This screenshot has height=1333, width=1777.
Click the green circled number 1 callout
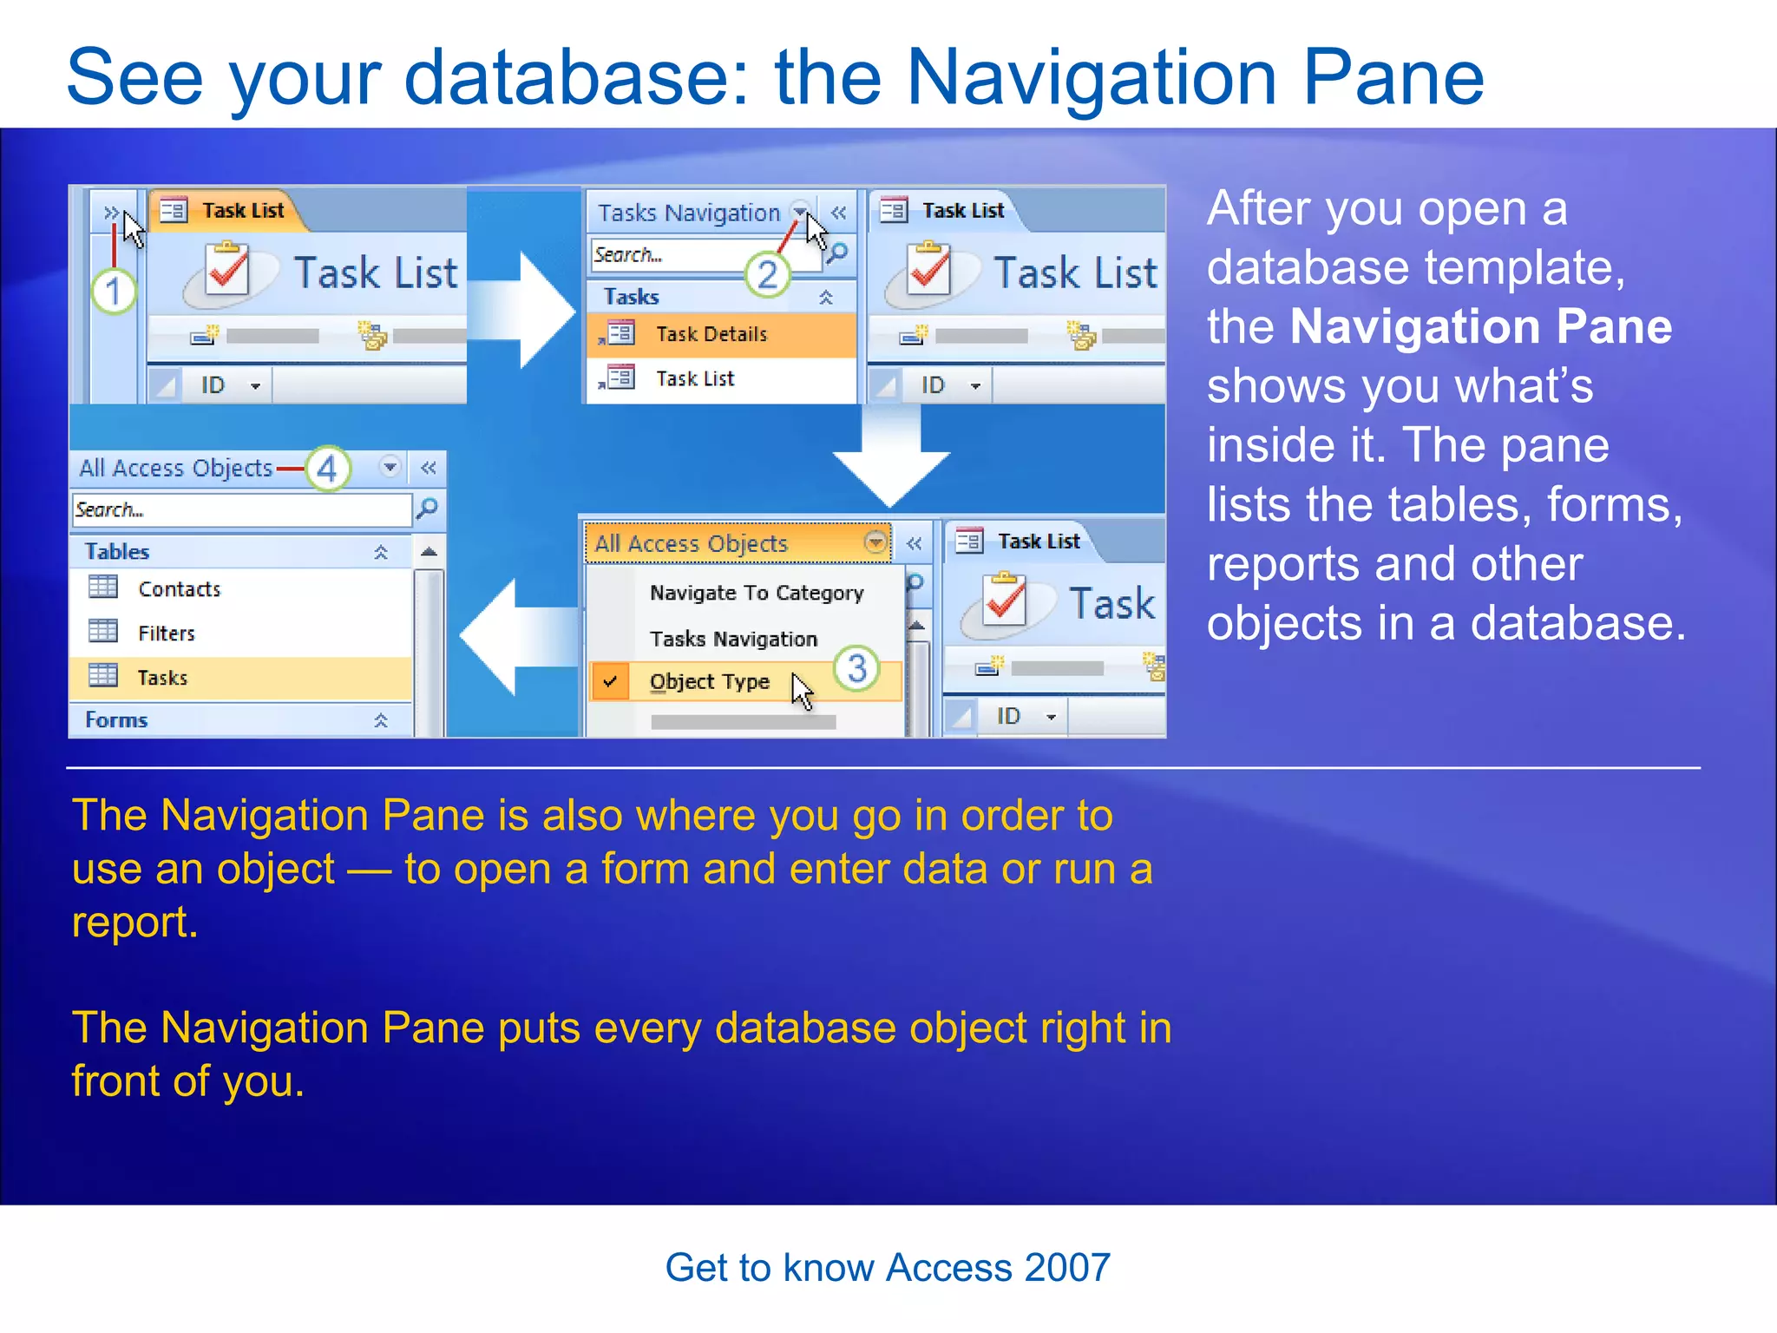(114, 292)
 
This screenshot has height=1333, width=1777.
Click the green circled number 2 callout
(767, 275)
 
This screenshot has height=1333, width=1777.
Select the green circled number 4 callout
(327, 470)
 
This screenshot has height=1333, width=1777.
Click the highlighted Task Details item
(711, 335)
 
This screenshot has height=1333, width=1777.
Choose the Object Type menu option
(709, 682)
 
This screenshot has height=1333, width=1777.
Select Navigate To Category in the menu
(756, 594)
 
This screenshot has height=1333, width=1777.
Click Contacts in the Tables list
(179, 590)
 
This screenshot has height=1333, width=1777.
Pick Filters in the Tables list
(166, 634)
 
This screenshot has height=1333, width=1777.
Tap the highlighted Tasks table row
(162, 679)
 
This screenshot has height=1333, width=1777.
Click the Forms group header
(117, 720)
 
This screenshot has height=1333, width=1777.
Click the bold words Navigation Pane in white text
(1480, 328)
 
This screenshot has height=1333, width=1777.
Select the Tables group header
(117, 552)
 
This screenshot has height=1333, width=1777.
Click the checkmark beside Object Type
(611, 682)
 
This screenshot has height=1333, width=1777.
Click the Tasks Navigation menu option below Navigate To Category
(733, 640)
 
